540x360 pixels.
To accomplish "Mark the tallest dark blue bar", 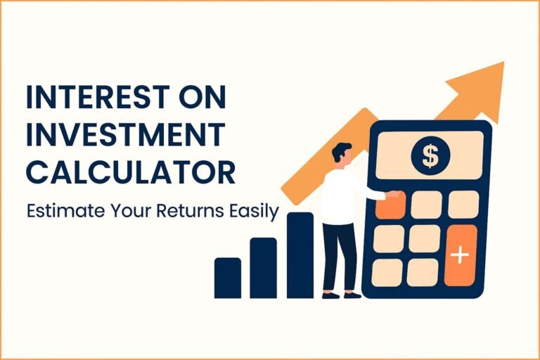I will tap(300, 255).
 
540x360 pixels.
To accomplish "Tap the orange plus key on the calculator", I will tap(461, 255).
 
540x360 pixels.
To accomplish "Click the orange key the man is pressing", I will tap(391, 205).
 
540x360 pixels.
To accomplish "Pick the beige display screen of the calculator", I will tap(430, 156).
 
